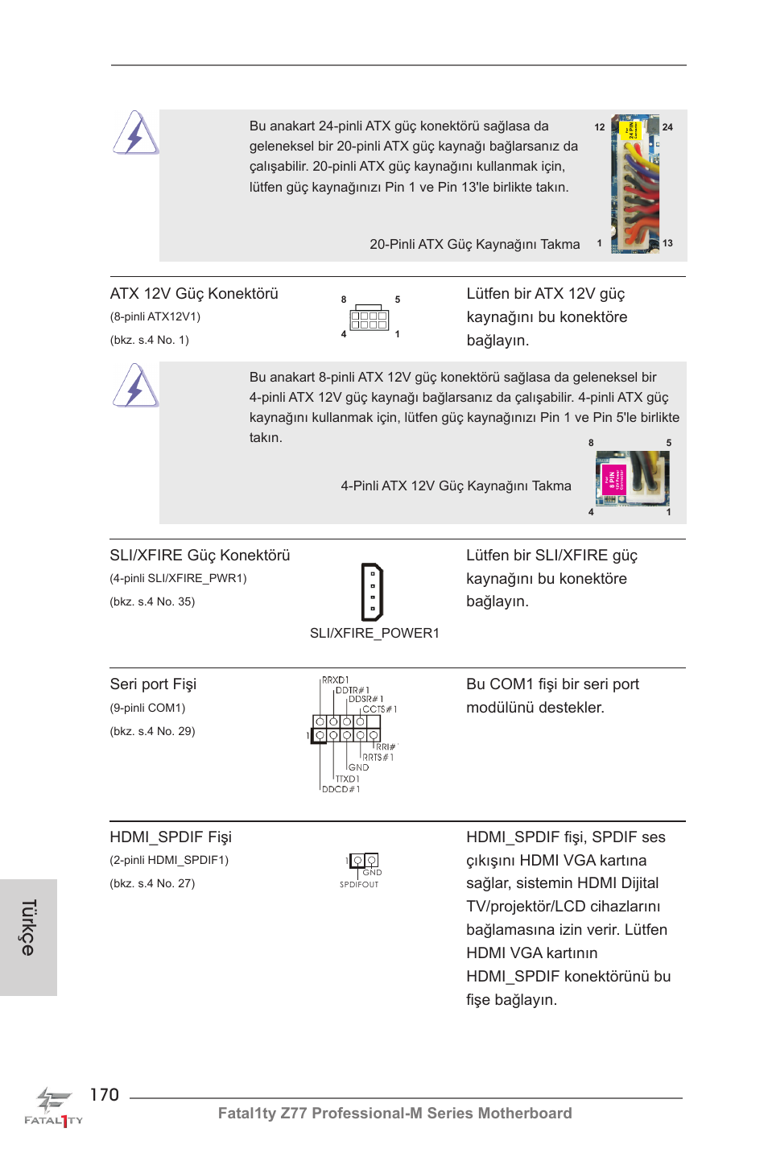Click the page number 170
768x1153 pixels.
[104, 1094]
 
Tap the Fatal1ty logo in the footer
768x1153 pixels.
[53, 1107]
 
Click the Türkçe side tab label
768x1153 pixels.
[28, 928]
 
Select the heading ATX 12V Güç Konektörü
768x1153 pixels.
[194, 294]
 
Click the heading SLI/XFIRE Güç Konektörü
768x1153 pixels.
[200, 556]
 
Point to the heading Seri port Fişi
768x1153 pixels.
[153, 684]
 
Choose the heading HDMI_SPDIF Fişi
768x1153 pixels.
[171, 837]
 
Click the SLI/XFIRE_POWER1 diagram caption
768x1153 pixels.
[374, 633]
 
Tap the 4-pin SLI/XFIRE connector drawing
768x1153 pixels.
[372, 592]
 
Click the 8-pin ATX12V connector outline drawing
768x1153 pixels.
[370, 319]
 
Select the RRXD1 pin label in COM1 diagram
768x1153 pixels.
[336, 680]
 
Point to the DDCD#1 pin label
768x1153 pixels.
[341, 789]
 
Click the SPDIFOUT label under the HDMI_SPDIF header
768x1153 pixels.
[359, 884]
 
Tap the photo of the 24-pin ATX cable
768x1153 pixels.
[635, 184]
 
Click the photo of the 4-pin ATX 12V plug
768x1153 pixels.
[632, 478]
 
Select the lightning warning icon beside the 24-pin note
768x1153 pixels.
[135, 133]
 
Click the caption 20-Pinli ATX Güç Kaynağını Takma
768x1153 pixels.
[474, 244]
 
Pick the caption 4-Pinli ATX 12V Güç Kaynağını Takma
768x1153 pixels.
[456, 486]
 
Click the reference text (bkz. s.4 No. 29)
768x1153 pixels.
[152, 731]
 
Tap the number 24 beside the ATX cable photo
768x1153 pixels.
[667, 127]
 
